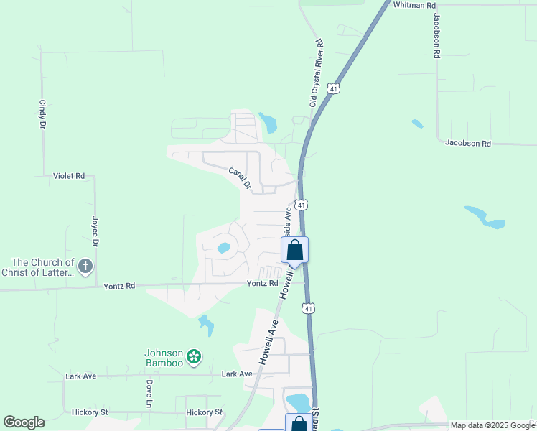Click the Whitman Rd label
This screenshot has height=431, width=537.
[x=415, y=5]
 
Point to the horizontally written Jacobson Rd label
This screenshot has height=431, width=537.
[x=468, y=144]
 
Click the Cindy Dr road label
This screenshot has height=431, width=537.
[x=42, y=114]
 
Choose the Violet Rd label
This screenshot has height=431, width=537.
[x=69, y=176]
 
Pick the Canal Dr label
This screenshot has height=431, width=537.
[x=240, y=179]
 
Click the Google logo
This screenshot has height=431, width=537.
[x=24, y=422]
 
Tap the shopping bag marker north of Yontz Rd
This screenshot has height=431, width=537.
[x=294, y=251]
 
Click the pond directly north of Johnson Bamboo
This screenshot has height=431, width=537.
[x=207, y=325]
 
